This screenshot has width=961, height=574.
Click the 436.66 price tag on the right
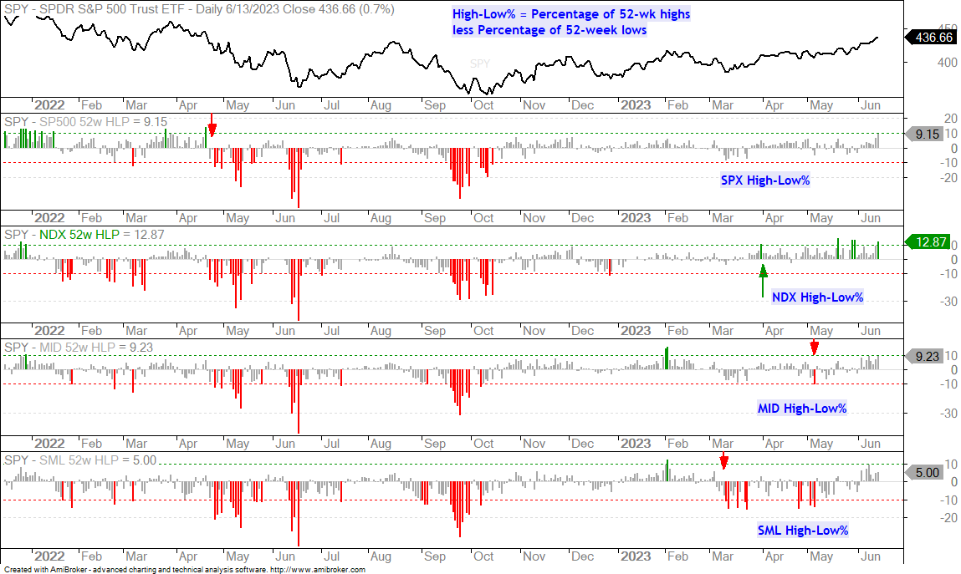pyautogui.click(x=931, y=38)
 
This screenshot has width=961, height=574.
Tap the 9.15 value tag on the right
pyautogui.click(x=923, y=134)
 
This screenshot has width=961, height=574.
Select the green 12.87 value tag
pyautogui.click(x=928, y=242)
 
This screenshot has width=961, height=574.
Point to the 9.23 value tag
pyautogui.click(x=923, y=356)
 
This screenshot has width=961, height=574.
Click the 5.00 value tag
pyautogui.click(x=923, y=472)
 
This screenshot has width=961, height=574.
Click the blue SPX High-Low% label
pyautogui.click(x=765, y=180)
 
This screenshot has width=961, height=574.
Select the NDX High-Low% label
pyautogui.click(x=817, y=297)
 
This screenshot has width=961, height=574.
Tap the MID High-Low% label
pyautogui.click(x=801, y=409)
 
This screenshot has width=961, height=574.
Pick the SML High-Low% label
pyautogui.click(x=802, y=531)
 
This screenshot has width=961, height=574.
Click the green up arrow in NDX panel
pyautogui.click(x=763, y=281)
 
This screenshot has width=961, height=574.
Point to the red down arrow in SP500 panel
pyautogui.click(x=212, y=124)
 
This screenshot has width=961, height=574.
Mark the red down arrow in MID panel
pyautogui.click(x=815, y=347)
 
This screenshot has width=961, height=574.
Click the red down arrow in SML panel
pyautogui.click(x=723, y=461)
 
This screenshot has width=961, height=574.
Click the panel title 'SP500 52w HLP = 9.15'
pyautogui.click(x=103, y=122)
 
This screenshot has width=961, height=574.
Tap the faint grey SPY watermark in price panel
pyautogui.click(x=480, y=63)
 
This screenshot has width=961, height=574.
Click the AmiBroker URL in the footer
pyautogui.click(x=318, y=569)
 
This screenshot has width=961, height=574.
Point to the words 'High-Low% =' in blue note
pyautogui.click(x=489, y=14)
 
